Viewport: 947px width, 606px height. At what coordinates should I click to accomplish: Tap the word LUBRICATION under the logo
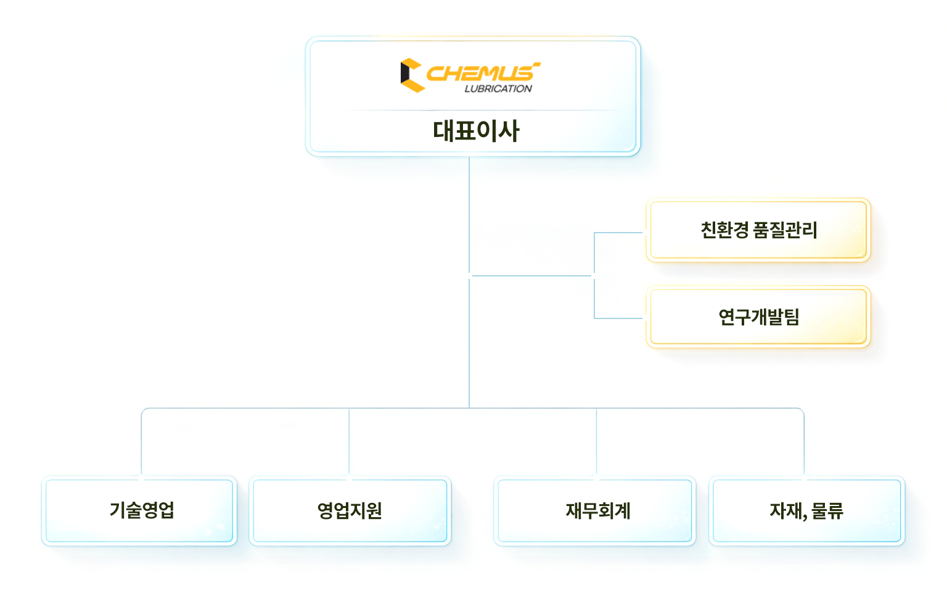click(498, 89)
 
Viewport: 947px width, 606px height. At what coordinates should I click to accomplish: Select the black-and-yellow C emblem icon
click(411, 75)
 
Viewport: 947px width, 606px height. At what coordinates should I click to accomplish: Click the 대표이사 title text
click(476, 131)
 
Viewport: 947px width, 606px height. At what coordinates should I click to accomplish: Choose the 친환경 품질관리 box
click(758, 230)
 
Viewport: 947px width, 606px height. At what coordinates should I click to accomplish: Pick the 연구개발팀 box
click(758, 317)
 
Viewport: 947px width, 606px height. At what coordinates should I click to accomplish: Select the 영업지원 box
click(350, 510)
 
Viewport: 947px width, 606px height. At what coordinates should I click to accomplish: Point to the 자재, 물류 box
click(806, 510)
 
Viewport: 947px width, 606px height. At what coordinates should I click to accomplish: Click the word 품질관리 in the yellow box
click(785, 230)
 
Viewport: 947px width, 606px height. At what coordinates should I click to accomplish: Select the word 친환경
click(724, 230)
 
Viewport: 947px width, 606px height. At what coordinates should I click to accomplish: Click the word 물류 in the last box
click(827, 510)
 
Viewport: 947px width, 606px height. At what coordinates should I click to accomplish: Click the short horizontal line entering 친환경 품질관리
click(618, 233)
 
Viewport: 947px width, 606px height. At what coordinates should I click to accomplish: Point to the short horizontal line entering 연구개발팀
click(618, 318)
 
